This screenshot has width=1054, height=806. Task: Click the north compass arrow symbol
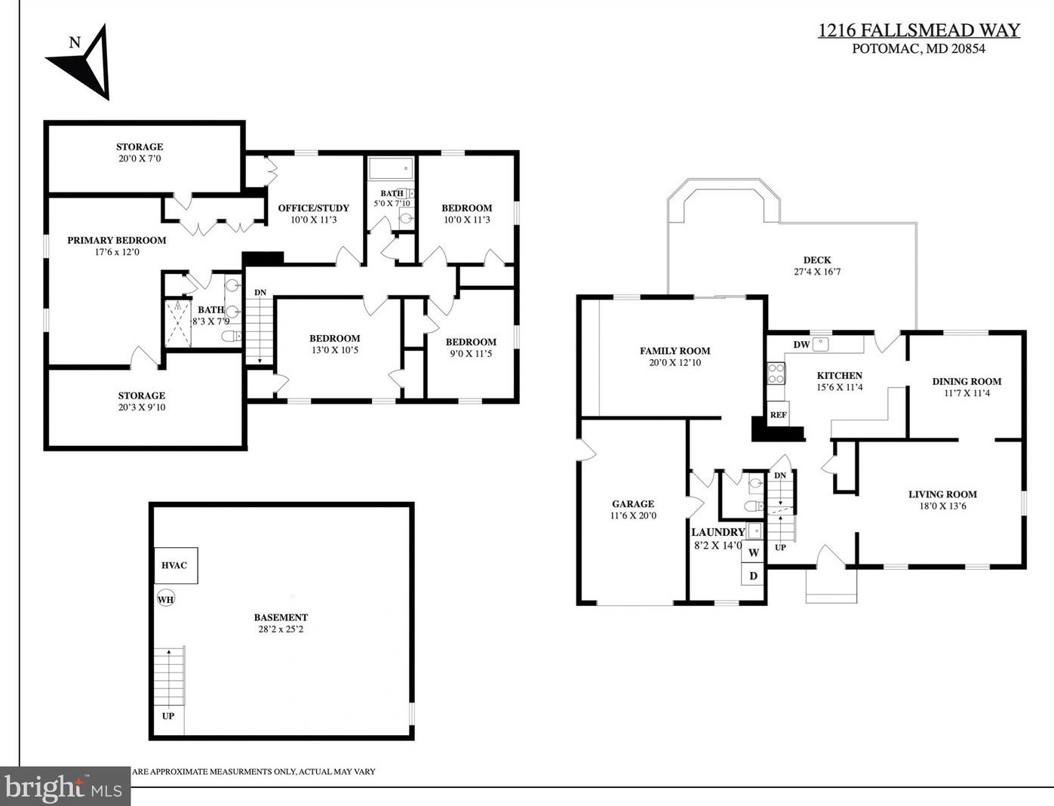[x=85, y=62]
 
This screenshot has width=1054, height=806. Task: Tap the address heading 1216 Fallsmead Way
[x=918, y=30]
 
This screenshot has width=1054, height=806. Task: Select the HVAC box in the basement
[x=176, y=565]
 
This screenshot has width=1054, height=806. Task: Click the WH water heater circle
[x=166, y=599]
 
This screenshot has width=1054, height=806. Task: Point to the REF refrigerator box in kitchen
[x=778, y=415]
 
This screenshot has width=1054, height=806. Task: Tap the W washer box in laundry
[x=753, y=552]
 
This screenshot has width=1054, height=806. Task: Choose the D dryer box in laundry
[x=753, y=576]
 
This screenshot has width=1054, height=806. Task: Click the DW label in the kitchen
[x=801, y=345]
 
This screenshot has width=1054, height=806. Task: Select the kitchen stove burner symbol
[x=776, y=374]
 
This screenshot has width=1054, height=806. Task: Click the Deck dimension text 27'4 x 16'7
[x=816, y=272]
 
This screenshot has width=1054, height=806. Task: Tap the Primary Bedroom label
[x=117, y=240]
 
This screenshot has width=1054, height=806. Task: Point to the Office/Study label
[x=313, y=208]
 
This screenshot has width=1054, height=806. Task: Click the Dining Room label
[x=966, y=381]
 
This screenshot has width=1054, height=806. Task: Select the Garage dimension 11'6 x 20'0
[x=633, y=516]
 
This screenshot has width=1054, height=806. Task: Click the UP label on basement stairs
[x=167, y=715]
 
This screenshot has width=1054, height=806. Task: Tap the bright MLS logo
[x=64, y=787]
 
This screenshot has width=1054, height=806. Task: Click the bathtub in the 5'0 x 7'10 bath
[x=391, y=168]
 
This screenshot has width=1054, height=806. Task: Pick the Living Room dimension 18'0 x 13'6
[x=942, y=506]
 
